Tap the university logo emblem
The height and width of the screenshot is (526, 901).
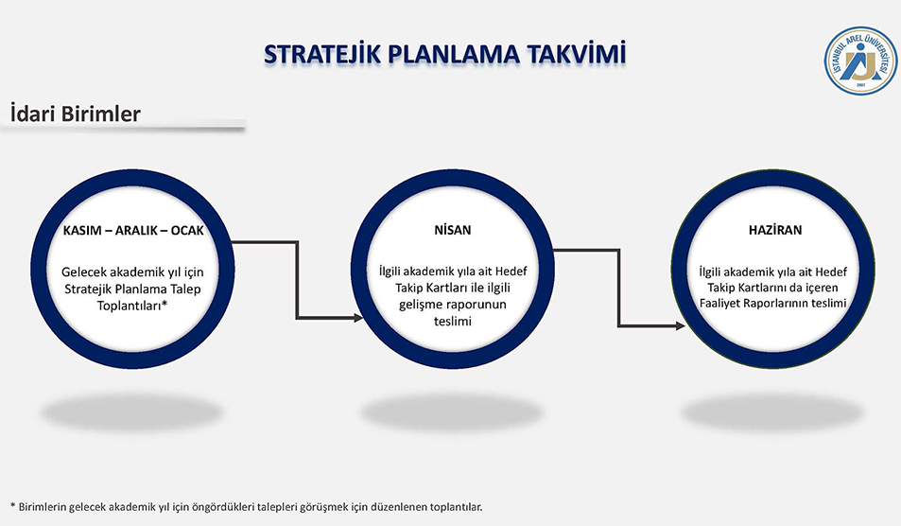860,61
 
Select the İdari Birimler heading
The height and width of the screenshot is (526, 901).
76,114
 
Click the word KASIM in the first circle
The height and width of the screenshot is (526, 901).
82,231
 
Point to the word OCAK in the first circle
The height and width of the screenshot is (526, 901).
187,231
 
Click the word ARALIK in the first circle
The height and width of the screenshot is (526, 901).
136,231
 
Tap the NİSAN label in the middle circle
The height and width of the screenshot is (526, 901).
453,230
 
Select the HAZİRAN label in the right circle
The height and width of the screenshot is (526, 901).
775,230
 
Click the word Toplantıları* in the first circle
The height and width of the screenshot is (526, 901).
132,305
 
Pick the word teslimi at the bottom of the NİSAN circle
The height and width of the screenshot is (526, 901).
453,321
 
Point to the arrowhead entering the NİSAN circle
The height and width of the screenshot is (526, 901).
358,317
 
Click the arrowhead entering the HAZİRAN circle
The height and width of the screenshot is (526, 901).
681,326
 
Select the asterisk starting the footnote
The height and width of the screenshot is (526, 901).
12,505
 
